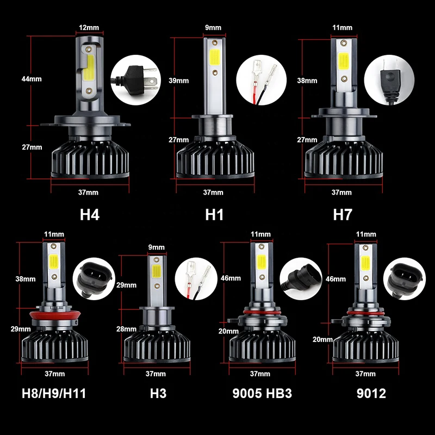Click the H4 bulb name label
pos(90,214)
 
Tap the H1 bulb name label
pos(214,214)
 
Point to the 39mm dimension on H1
pos(179,80)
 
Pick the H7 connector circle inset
pos(387,78)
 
